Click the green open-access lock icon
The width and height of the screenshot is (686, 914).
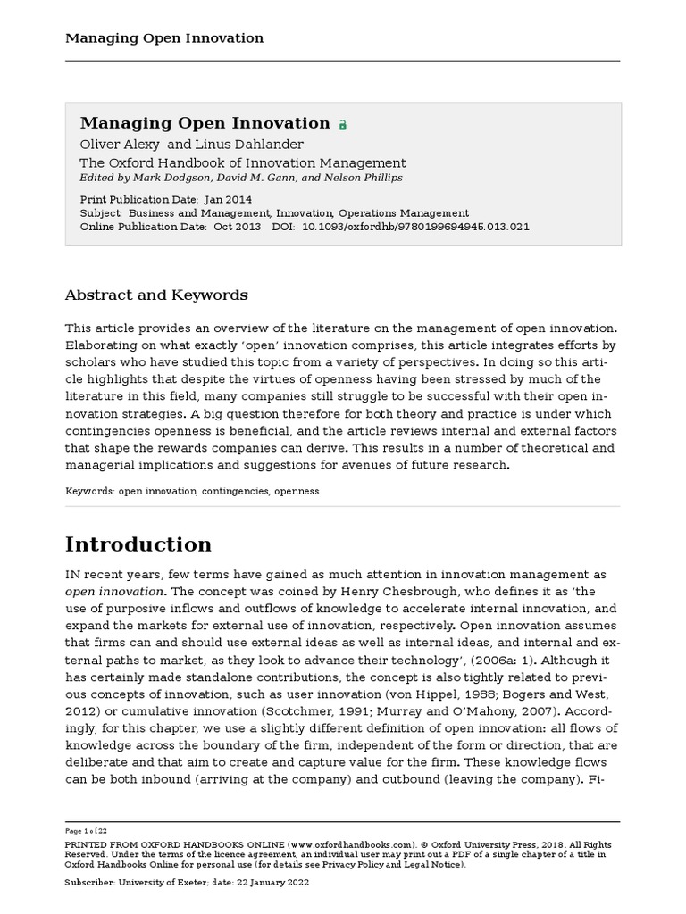tap(342, 126)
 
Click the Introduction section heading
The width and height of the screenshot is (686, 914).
tap(138, 544)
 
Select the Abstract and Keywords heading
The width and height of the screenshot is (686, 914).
tap(156, 295)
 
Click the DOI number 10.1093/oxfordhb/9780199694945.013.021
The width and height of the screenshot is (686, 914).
tap(416, 227)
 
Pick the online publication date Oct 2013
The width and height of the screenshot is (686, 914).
tap(237, 227)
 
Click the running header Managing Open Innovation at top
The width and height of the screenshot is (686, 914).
tap(163, 37)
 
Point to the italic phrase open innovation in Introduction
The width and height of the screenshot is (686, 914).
tap(114, 591)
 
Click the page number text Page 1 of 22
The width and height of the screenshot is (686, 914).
tap(87, 830)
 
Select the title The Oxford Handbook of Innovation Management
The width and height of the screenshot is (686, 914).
tap(243, 162)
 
